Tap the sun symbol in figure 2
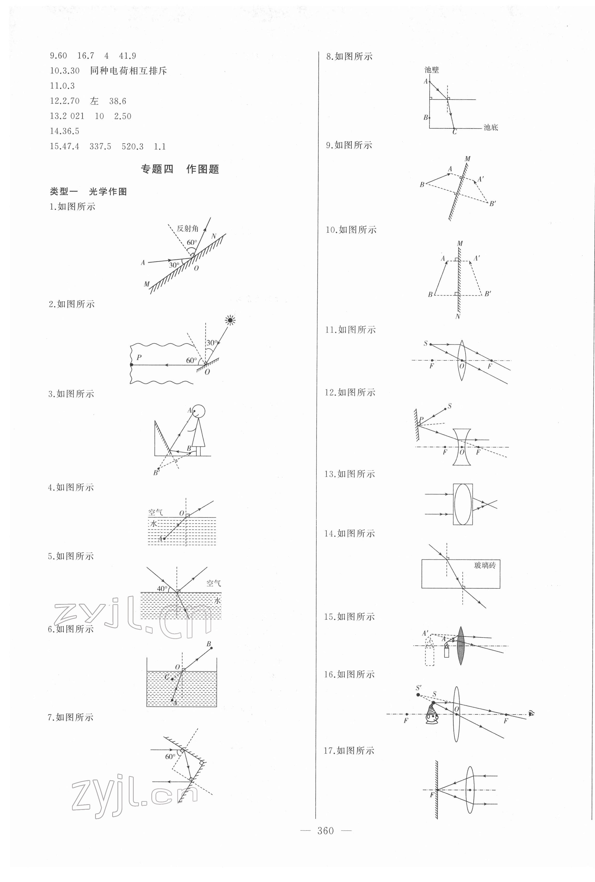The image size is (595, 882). (230, 320)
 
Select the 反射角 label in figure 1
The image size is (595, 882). (187, 228)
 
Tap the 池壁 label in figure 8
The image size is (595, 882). (431, 70)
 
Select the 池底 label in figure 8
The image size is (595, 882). (491, 128)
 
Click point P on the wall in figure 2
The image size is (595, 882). (131, 365)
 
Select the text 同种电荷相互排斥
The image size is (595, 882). (129, 71)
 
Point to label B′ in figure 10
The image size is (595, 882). (488, 293)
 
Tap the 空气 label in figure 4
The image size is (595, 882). (155, 512)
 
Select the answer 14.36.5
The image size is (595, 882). (65, 131)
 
